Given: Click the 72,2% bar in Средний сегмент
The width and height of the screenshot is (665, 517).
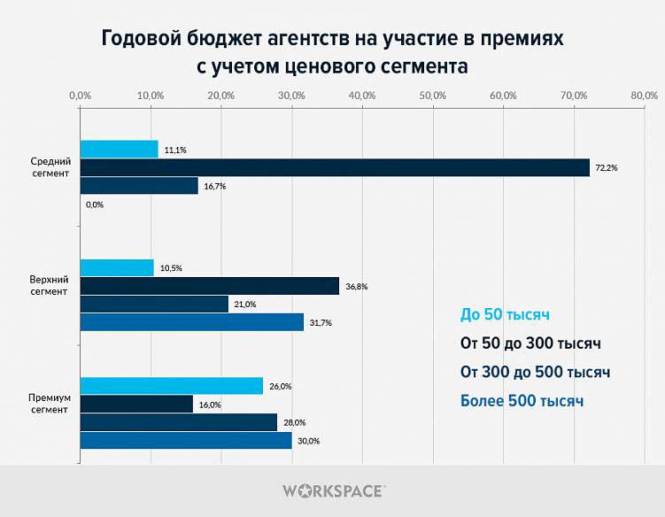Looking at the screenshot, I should pos(335,167).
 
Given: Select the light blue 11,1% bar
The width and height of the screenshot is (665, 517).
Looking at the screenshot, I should pos(120,150).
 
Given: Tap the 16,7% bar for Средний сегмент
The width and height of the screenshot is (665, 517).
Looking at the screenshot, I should pos(139,186).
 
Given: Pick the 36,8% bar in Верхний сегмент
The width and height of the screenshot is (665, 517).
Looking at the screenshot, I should pos(210,286).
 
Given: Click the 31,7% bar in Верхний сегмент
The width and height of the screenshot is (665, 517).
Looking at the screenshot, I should pos(192,322).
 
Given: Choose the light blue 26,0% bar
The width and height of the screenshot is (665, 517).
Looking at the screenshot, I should pos(172,386).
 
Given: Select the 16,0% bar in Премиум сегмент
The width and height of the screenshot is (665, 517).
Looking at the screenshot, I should pos(136,404).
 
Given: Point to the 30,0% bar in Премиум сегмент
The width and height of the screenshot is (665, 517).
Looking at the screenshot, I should pos(186,440).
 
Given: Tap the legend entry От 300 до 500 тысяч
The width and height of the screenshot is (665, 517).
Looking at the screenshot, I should pos(536,372).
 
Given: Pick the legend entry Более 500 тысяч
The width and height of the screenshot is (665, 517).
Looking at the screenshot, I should pos(522,401).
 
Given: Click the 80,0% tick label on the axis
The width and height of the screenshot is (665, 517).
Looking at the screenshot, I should pos(644,95).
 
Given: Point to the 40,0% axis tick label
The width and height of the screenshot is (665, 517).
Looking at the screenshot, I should pos(361,95).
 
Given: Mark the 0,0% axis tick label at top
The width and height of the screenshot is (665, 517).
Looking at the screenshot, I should pos(80,95).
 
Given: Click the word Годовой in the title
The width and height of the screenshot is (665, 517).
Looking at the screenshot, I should pos(143,40).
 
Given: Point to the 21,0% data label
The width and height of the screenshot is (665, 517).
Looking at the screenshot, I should pos(245,305).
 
